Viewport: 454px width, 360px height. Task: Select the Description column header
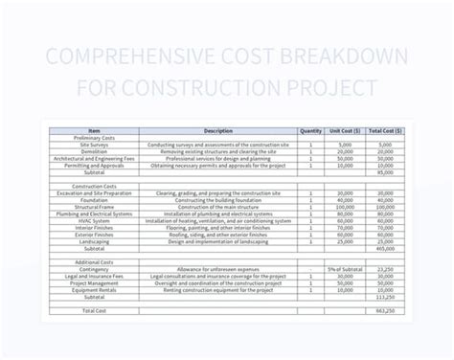(x=218, y=131)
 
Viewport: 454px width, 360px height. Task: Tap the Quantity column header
(x=310, y=131)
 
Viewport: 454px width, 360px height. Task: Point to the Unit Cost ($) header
(x=345, y=131)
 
